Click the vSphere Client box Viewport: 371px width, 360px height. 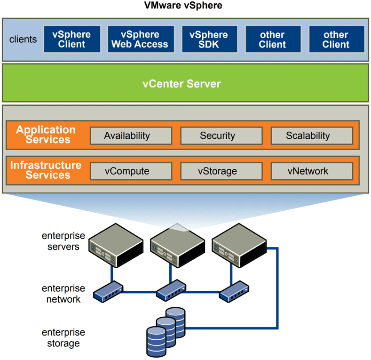[71, 40]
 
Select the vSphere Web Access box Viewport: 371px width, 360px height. [140, 40]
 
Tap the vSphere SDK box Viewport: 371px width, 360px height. [208, 40]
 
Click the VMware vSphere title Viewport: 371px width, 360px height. [183, 6]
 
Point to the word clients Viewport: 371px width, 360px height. [23, 39]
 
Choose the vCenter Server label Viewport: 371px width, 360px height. [182, 84]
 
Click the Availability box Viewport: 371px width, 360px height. [127, 136]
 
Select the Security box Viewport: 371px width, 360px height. [217, 136]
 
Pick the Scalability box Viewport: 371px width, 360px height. [308, 136]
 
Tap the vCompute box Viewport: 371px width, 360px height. [127, 171]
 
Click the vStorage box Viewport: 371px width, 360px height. [217, 171]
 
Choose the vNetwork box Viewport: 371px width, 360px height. [308, 171]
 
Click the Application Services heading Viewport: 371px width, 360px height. [46, 135]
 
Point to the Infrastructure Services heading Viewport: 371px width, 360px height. [46, 170]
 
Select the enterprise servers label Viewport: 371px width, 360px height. [63, 240]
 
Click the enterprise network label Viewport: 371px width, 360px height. [63, 293]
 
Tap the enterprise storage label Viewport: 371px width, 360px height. [63, 338]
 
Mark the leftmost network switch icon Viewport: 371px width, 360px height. [109, 292]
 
